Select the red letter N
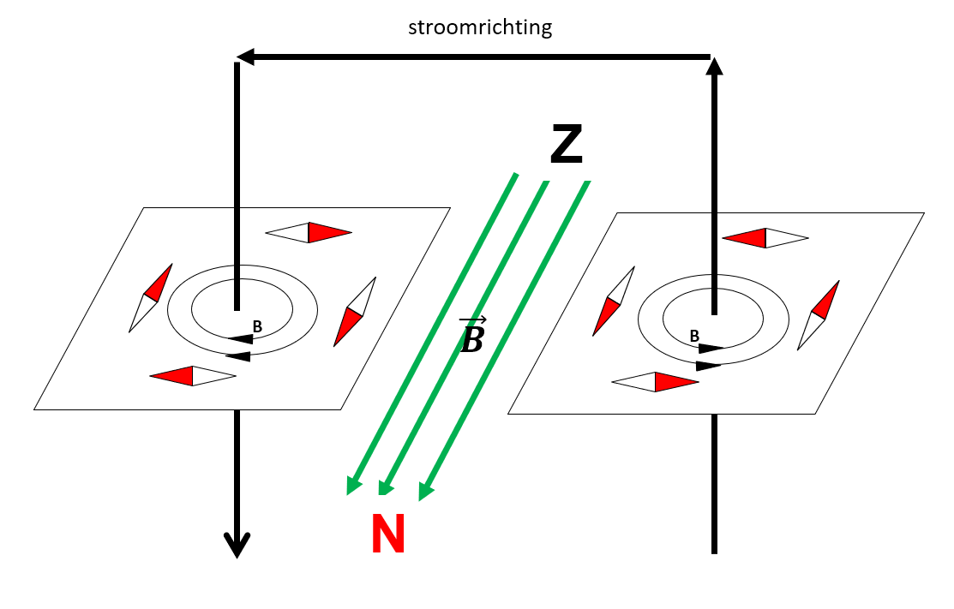pos(388,534)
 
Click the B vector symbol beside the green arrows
pos(472,336)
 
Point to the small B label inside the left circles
pos(256,325)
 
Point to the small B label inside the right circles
pos(694,337)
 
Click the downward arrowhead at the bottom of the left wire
pos(237,545)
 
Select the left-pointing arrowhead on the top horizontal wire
pos(245,57)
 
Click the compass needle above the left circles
pos(309,232)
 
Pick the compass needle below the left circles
pos(193,376)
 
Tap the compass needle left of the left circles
pos(151,297)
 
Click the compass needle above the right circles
pos(765,238)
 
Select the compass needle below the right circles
pos(656,382)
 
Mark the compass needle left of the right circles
pos(613,301)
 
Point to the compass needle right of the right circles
pos(818,314)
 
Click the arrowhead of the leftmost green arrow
pos(352,486)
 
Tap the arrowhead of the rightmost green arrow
pos(425,491)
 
